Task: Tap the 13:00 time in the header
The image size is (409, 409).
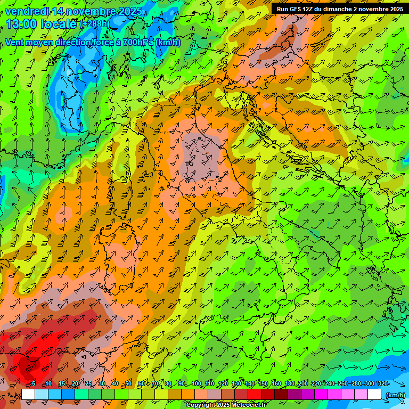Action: click(x=21, y=24)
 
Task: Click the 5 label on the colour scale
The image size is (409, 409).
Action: click(x=34, y=384)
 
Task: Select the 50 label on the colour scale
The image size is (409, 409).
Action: click(x=128, y=384)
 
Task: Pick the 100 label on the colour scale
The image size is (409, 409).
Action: click(x=196, y=384)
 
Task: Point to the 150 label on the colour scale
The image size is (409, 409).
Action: click(x=263, y=384)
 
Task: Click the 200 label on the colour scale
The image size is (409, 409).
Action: click(x=303, y=384)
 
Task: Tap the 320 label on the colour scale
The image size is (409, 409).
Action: click(x=383, y=384)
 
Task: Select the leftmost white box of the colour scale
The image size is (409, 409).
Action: click(x=28, y=395)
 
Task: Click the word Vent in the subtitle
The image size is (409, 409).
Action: click(x=15, y=42)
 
